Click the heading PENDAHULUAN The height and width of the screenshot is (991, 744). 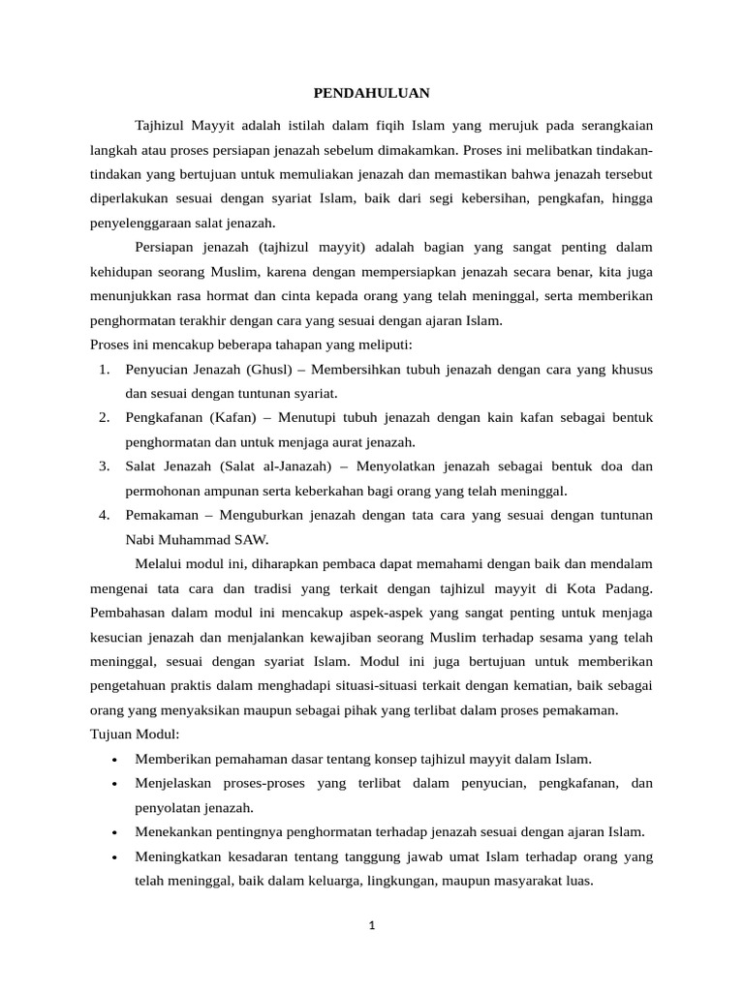coord(371,93)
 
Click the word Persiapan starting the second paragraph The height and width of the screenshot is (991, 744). coord(166,248)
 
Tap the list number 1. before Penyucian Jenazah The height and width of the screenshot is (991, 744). coord(105,370)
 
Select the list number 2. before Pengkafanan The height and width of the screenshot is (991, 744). coord(105,418)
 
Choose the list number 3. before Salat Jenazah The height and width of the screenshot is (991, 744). coord(105,466)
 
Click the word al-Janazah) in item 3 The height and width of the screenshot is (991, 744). coord(299,466)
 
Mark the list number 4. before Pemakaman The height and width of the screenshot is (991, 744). coord(105,515)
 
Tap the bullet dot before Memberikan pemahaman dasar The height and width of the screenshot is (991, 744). coord(115,759)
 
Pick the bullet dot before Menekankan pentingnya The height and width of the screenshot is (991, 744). coord(115,833)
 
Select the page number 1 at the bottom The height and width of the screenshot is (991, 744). coord(371,925)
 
